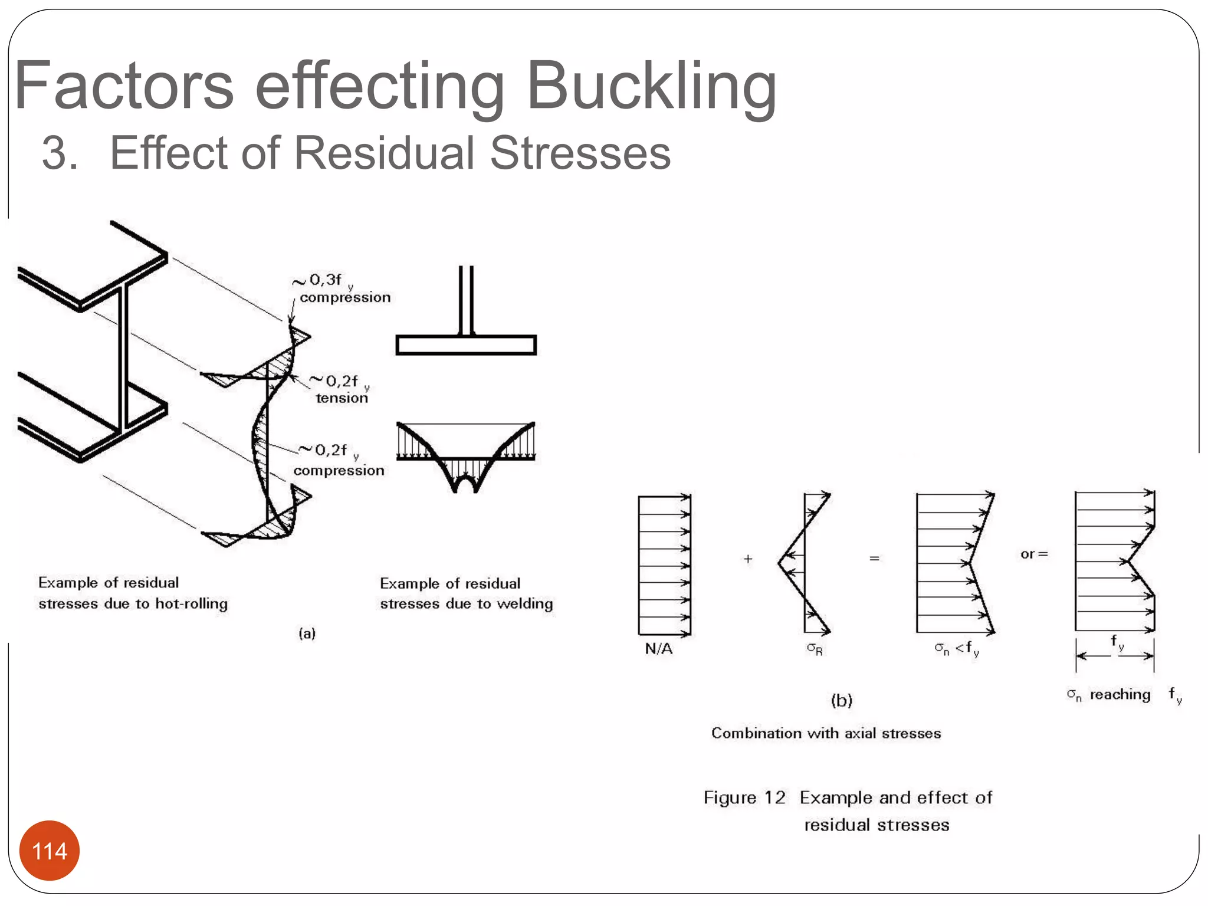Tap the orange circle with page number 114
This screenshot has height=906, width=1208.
tap(50, 851)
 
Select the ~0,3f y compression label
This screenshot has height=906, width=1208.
tap(342, 288)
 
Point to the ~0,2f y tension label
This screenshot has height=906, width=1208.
tap(341, 389)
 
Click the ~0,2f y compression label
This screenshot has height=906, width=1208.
tap(339, 461)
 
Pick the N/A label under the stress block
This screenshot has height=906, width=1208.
tap(658, 649)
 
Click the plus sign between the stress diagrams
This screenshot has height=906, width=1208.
tap(748, 559)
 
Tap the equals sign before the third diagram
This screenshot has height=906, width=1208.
tap(874, 558)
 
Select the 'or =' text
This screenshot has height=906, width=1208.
tap(1034, 554)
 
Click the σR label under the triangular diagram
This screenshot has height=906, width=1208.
tap(815, 649)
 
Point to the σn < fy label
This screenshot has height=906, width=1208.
tap(956, 649)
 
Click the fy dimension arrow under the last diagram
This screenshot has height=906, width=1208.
tap(1114, 655)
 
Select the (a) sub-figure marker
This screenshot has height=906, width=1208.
tap(307, 633)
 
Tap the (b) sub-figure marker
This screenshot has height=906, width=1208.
tap(842, 700)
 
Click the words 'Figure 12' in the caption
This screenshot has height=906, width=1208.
tap(744, 797)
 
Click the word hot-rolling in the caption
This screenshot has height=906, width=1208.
tap(191, 604)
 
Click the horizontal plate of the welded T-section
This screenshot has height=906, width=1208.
tap(466, 345)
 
